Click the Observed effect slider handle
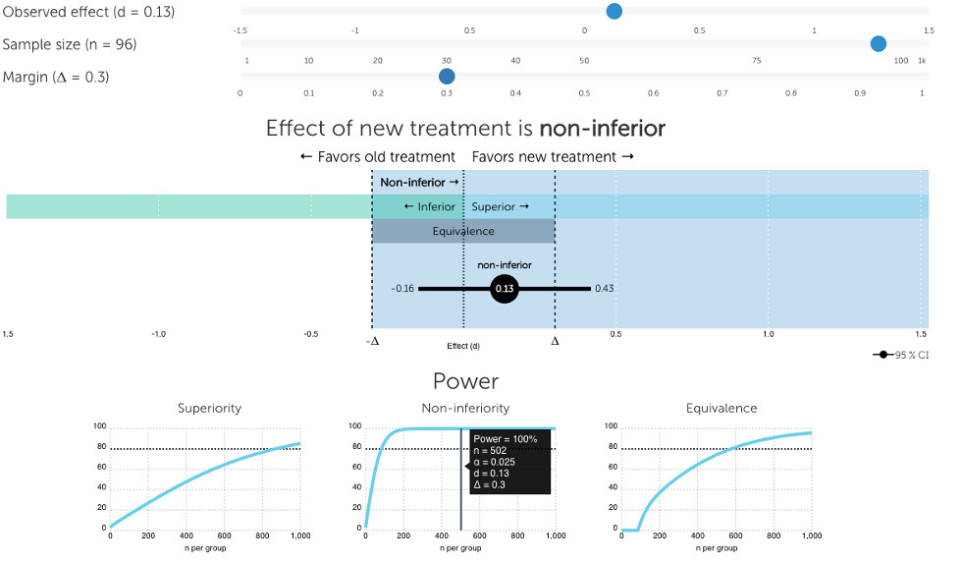[614, 12]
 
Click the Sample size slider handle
[879, 43]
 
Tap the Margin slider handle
[447, 76]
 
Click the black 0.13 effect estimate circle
[504, 289]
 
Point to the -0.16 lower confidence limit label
[402, 289]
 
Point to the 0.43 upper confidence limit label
[605, 289]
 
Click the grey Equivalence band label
[463, 232]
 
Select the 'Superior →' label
[501, 206]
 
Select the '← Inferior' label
[429, 206]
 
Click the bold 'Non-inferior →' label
[419, 183]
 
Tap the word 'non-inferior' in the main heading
[602, 129]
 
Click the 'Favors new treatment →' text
[553, 157]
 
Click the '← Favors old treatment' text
[378, 157]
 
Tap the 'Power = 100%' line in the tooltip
[506, 439]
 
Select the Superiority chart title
[209, 408]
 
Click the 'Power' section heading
[465, 381]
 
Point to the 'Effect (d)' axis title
[463, 346]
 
